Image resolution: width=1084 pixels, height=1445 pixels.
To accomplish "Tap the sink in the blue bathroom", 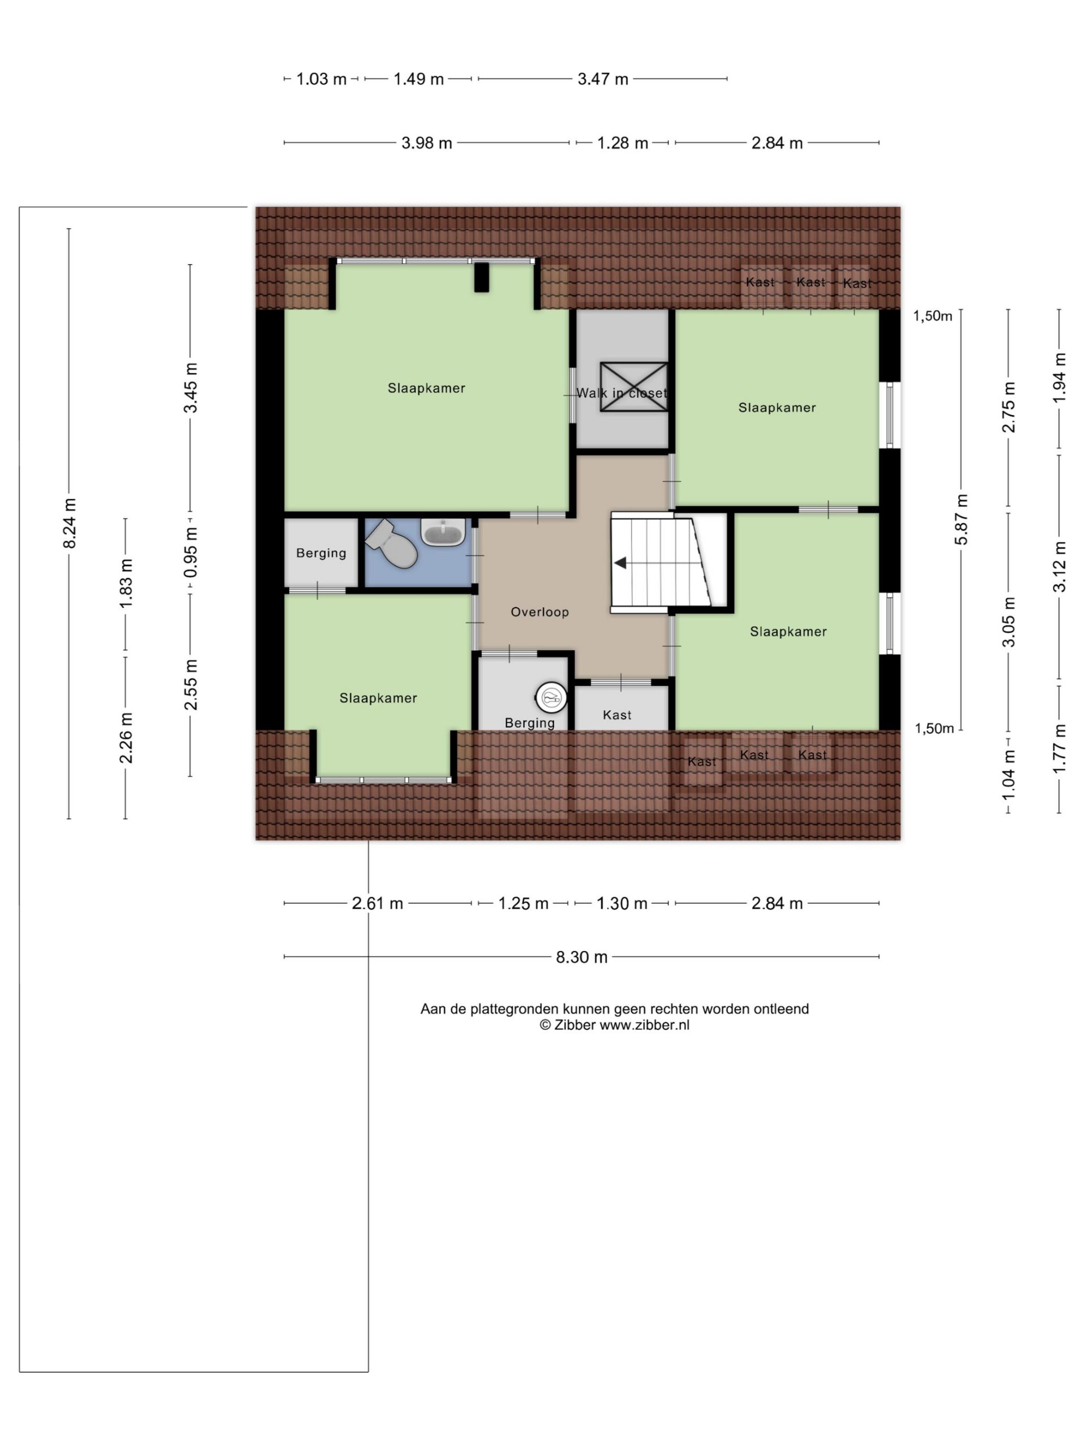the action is pos(443,532).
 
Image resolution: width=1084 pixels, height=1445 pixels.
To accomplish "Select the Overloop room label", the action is pos(540,612).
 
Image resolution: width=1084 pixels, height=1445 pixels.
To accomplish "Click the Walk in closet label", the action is pos(622,393).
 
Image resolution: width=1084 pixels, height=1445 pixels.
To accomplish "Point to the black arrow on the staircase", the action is pos(620,562).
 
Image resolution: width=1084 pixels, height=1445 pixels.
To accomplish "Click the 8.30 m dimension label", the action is pos(582,957).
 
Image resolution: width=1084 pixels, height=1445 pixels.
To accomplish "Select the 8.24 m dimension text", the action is pos(69,523).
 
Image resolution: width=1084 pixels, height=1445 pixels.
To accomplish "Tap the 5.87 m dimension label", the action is pos(961,519).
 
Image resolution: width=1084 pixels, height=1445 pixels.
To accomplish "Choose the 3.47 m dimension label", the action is pos(602,79).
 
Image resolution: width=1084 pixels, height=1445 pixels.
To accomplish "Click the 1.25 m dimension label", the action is pos(523,904).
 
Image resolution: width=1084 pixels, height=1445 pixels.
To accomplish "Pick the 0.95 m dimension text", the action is pos(190,553).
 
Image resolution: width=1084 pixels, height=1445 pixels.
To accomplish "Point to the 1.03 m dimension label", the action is pos(321,79).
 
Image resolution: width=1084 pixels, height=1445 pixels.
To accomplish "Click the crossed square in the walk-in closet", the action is pos(634,387).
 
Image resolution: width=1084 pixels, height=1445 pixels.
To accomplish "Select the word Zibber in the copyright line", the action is pos(574,1025).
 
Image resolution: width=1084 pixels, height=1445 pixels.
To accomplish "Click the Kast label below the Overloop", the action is pos(617,715).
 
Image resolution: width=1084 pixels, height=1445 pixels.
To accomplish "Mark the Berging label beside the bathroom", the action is pos(321,553).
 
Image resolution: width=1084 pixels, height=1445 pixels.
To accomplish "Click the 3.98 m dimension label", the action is pos(427,143).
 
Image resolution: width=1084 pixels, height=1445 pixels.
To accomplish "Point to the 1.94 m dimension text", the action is pos(1060,377).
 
